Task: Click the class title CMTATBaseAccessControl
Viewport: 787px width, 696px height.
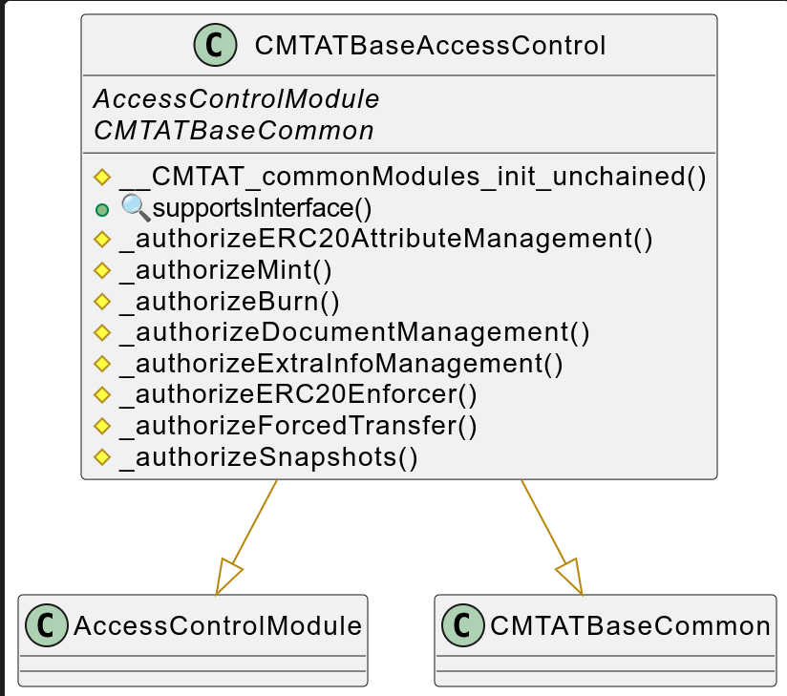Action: (430, 45)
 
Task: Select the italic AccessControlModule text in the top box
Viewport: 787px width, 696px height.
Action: (236, 98)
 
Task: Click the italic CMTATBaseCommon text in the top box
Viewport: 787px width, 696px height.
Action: (233, 130)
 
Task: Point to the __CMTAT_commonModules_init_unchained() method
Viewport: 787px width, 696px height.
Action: (413, 177)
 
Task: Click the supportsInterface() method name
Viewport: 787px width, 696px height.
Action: (262, 208)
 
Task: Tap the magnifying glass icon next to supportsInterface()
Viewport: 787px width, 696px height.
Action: (135, 207)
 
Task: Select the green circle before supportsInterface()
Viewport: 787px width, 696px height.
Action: (101, 209)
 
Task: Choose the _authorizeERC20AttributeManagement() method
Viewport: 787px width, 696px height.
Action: (386, 239)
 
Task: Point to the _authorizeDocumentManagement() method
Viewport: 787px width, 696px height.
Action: (354, 332)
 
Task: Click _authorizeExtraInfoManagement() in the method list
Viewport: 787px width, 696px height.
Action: (341, 364)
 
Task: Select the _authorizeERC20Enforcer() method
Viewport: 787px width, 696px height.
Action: (298, 394)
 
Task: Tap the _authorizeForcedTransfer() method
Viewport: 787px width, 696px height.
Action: (298, 426)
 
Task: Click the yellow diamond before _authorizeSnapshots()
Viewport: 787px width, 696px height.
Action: (101, 457)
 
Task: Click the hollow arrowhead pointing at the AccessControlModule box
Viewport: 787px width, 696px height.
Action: (228, 577)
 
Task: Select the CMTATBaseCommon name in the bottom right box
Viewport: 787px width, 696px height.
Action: (629, 626)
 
